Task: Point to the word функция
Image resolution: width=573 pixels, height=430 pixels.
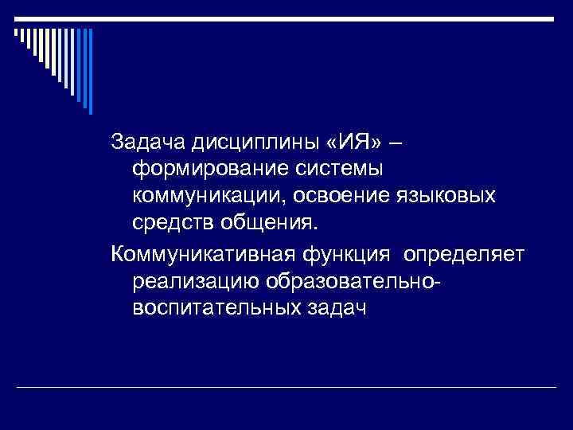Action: click(354, 254)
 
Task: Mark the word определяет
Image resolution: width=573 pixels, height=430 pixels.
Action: click(465, 254)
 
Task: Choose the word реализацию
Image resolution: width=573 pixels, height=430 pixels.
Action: click(199, 282)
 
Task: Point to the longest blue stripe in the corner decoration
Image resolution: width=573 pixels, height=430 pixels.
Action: click(90, 71)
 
